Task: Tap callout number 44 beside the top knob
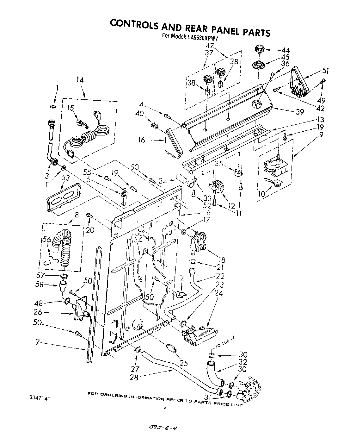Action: pos(285,50)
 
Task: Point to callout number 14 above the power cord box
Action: pos(80,80)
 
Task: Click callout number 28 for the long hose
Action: pos(134,377)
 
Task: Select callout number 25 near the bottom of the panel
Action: pos(183,364)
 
